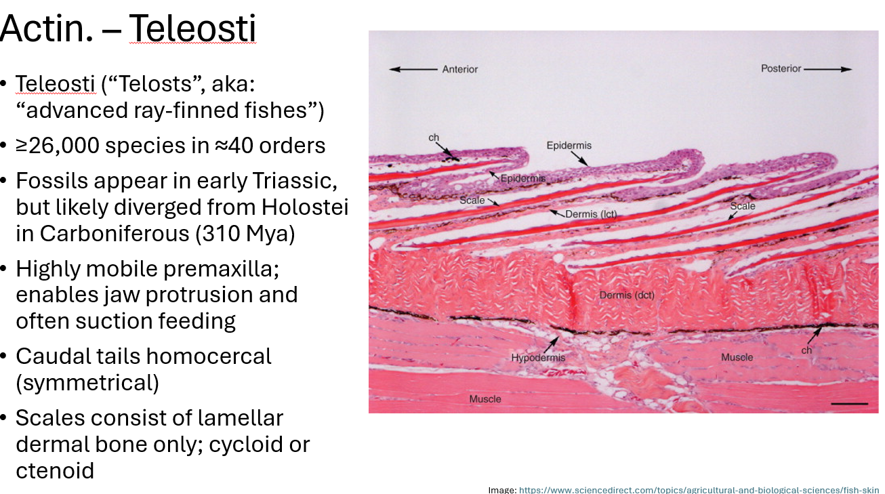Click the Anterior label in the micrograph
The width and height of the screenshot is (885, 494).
[460, 69]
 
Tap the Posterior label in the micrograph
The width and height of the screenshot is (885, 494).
[781, 68]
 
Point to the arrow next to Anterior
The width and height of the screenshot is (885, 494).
[413, 69]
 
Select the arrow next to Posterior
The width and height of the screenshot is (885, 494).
[828, 68]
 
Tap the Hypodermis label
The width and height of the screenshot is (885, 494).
[538, 358]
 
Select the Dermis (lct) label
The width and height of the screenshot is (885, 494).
[592, 214]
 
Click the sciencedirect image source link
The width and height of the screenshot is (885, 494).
[699, 489]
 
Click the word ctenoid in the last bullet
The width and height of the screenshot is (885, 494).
[55, 470]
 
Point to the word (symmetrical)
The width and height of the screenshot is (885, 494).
[87, 383]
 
